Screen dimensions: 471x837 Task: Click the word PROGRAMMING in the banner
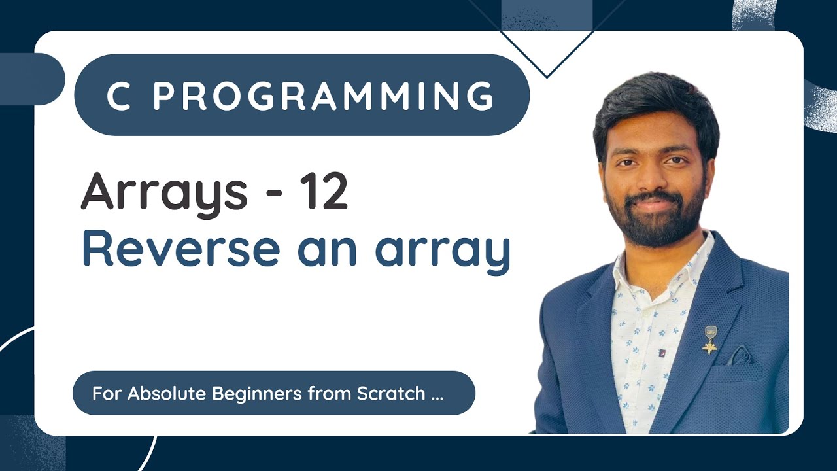(323, 96)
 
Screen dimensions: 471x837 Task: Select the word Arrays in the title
(163, 193)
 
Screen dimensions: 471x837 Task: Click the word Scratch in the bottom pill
(392, 394)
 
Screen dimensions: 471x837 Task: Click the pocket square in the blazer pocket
(740, 357)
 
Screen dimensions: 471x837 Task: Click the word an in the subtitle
(327, 251)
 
